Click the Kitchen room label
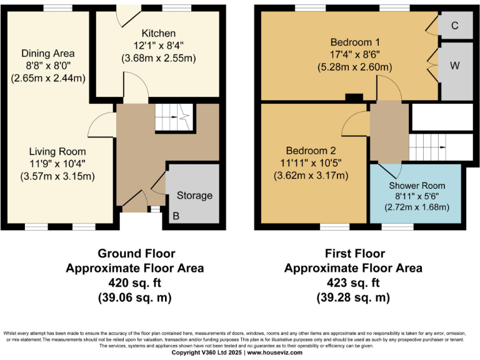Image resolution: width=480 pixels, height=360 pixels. [x=159, y=33]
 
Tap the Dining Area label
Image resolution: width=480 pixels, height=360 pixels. [x=47, y=53]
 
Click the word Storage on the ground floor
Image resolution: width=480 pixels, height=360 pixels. [x=194, y=196]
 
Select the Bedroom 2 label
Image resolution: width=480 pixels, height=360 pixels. [x=311, y=151]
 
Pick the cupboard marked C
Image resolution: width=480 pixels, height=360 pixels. [x=455, y=26]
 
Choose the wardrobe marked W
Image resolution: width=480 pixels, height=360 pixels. [x=455, y=65]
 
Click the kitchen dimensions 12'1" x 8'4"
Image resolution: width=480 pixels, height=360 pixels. [x=159, y=45]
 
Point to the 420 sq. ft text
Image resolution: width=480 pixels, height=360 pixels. [x=136, y=282]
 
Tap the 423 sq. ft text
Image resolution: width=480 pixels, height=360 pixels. [x=353, y=282]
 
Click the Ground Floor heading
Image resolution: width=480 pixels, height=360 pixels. [x=136, y=254]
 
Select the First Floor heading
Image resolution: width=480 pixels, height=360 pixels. [x=353, y=254]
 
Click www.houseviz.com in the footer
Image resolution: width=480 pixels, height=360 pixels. [x=276, y=352]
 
